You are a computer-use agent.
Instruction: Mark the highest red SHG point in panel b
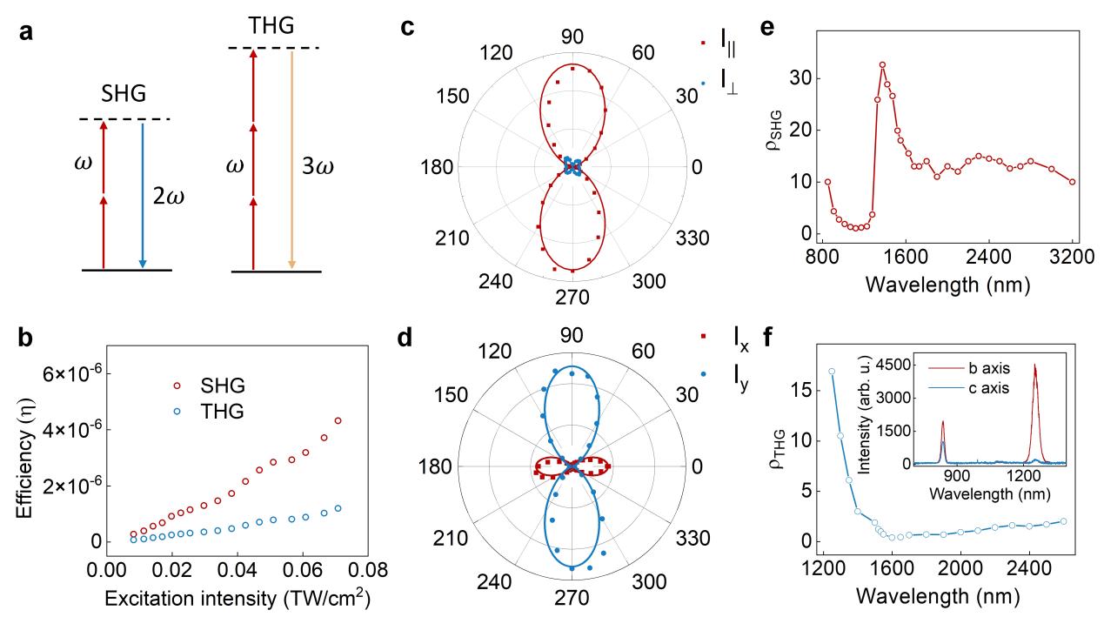click(338, 420)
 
